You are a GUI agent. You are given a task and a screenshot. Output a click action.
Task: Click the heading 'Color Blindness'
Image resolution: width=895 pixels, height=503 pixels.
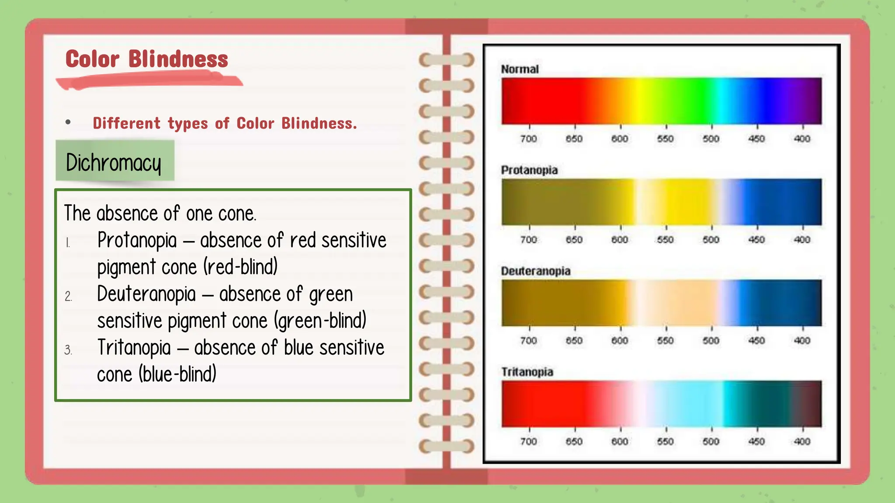(146, 59)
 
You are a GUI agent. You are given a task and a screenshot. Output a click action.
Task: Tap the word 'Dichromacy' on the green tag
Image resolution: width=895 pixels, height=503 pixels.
(114, 162)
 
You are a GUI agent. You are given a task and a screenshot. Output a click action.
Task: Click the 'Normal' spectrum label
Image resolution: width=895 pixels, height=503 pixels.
(520, 69)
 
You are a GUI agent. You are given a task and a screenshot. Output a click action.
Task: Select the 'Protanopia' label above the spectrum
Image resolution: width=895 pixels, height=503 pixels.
(529, 170)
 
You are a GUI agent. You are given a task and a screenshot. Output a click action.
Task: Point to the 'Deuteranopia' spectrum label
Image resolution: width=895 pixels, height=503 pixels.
(535, 271)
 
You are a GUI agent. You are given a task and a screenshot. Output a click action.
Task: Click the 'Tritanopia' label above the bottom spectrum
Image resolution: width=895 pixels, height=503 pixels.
(527, 372)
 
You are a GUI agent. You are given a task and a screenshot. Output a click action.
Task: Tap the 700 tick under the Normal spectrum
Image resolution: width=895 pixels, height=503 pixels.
(529, 138)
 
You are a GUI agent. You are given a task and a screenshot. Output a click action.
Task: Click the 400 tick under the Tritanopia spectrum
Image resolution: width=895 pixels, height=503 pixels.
(802, 441)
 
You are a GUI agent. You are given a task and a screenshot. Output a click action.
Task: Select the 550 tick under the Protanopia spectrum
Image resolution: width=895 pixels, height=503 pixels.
(665, 239)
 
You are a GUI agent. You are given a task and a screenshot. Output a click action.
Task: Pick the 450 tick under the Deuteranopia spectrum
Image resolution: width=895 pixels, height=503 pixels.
(756, 340)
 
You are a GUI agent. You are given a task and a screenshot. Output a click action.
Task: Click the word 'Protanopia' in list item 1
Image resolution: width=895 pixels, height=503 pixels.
(137, 240)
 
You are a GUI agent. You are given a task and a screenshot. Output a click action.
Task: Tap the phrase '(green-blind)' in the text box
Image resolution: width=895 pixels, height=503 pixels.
(320, 321)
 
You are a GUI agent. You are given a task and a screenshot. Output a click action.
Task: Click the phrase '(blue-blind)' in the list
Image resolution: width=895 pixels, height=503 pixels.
(178, 374)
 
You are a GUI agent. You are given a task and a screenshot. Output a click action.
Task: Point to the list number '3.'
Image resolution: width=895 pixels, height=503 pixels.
(68, 350)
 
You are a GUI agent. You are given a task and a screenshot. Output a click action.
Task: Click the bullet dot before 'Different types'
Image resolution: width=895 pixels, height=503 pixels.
(68, 122)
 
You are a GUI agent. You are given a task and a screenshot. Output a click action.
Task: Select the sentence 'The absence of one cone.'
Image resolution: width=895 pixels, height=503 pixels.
(160, 214)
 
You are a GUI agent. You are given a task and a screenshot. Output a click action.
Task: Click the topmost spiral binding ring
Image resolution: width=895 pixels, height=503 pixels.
(446, 60)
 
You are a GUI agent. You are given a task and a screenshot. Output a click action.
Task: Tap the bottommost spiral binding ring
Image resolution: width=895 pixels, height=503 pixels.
(446, 446)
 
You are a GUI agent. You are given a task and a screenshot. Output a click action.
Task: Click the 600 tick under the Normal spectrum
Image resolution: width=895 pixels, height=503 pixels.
(620, 138)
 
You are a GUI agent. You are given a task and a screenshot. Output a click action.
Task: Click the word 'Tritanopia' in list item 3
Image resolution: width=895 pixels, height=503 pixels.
(134, 348)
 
